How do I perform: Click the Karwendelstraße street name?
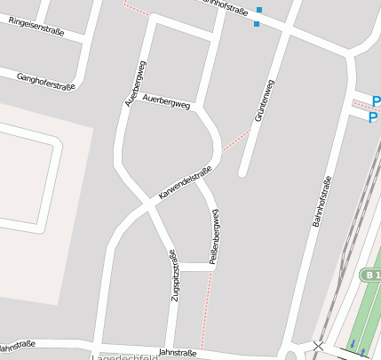click(185, 182)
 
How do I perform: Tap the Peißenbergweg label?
click(214, 236)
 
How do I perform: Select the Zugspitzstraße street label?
click(173, 276)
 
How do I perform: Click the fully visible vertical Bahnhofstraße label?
click(321, 204)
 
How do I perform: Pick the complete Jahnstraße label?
click(178, 353)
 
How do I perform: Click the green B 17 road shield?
click(372, 276)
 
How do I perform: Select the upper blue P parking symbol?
click(376, 101)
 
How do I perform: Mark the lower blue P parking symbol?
click(373, 117)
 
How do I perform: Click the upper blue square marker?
click(259, 10)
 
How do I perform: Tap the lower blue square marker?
click(256, 24)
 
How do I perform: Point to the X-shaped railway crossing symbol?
click(318, 345)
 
